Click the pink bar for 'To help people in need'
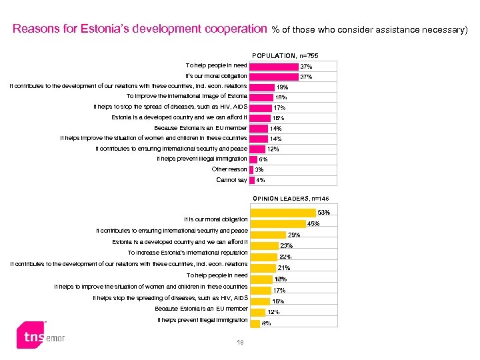[x=273, y=66]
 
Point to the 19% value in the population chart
[x=282, y=87]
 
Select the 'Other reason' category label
[x=229, y=169]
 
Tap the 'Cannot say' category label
[x=231, y=180]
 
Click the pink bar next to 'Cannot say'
[x=251, y=180]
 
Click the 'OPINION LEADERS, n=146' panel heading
[x=291, y=198]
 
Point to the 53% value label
[x=323, y=213]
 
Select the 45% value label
[x=313, y=223]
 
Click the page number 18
[x=240, y=343]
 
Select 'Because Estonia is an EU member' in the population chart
[x=200, y=128]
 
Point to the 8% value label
[x=266, y=323]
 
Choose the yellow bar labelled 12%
[x=257, y=312]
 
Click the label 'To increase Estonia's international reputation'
[x=187, y=253]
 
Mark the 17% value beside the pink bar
[x=280, y=107]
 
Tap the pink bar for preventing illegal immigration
[x=253, y=159]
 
